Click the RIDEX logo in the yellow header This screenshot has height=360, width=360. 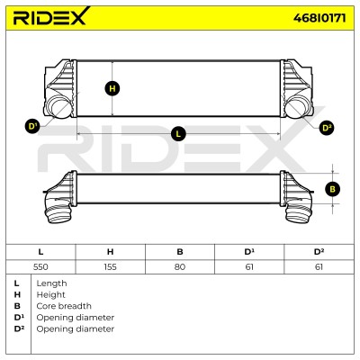coord(51,16)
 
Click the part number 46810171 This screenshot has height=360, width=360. coord(319,18)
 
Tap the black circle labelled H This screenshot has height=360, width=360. coord(112,89)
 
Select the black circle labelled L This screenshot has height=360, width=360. coord(178,133)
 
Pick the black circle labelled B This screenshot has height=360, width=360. coord(332,189)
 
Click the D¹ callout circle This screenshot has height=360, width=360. coord(32,126)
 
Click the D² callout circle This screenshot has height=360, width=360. coord(327,128)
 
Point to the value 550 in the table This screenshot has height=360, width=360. coord(40,266)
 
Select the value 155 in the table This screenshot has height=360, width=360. coord(110,266)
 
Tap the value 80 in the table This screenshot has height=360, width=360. coord(180,266)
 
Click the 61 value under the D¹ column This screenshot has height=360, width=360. coord(249,266)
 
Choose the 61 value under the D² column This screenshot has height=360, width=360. coord(319,266)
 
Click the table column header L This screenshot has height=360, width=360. coord(40,252)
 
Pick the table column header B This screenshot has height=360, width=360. coord(180,252)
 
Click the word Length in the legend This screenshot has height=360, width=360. coord(51,283)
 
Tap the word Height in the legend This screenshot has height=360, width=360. coord(50,295)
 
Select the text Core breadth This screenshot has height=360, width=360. coord(64,306)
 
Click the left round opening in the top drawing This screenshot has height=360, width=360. coord(58,107)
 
